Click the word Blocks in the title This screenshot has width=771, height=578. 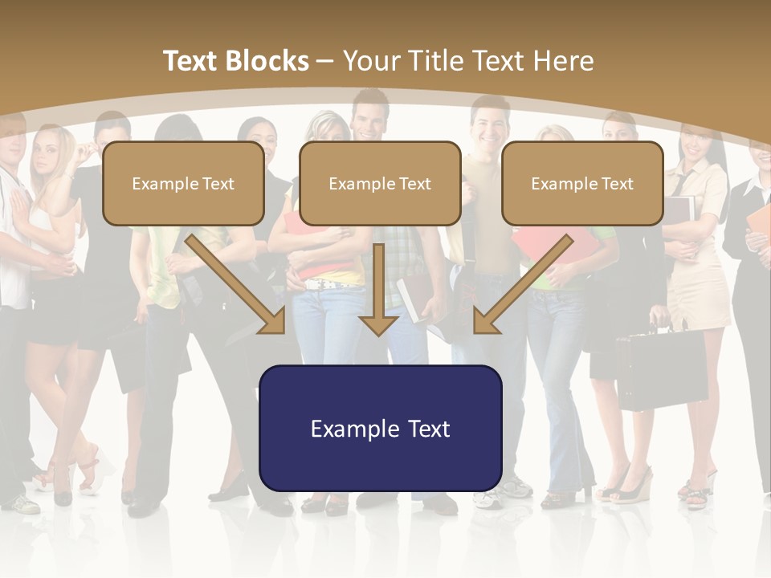point(269,61)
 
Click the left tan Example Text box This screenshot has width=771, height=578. point(183,183)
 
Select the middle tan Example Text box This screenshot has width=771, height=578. point(380,183)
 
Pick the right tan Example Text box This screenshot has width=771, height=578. point(582,183)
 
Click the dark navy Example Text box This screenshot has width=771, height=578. point(380,428)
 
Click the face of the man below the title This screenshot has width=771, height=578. point(370,116)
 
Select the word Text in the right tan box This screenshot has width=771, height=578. point(617,184)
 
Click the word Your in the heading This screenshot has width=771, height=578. point(373,61)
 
